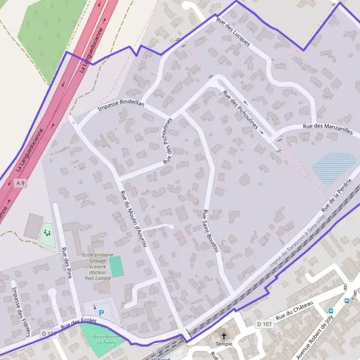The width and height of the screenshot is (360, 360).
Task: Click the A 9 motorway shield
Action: click(x=21, y=182)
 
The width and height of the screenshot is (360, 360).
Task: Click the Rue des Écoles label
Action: click(x=78, y=325)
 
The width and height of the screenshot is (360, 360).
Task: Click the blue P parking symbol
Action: click(x=101, y=313)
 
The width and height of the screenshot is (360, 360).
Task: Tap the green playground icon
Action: click(x=47, y=231)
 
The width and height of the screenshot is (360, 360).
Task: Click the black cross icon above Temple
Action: click(x=224, y=337)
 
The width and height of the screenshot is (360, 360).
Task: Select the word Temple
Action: click(x=224, y=344)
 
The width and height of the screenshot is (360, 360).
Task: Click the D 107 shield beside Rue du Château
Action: click(x=264, y=324)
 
